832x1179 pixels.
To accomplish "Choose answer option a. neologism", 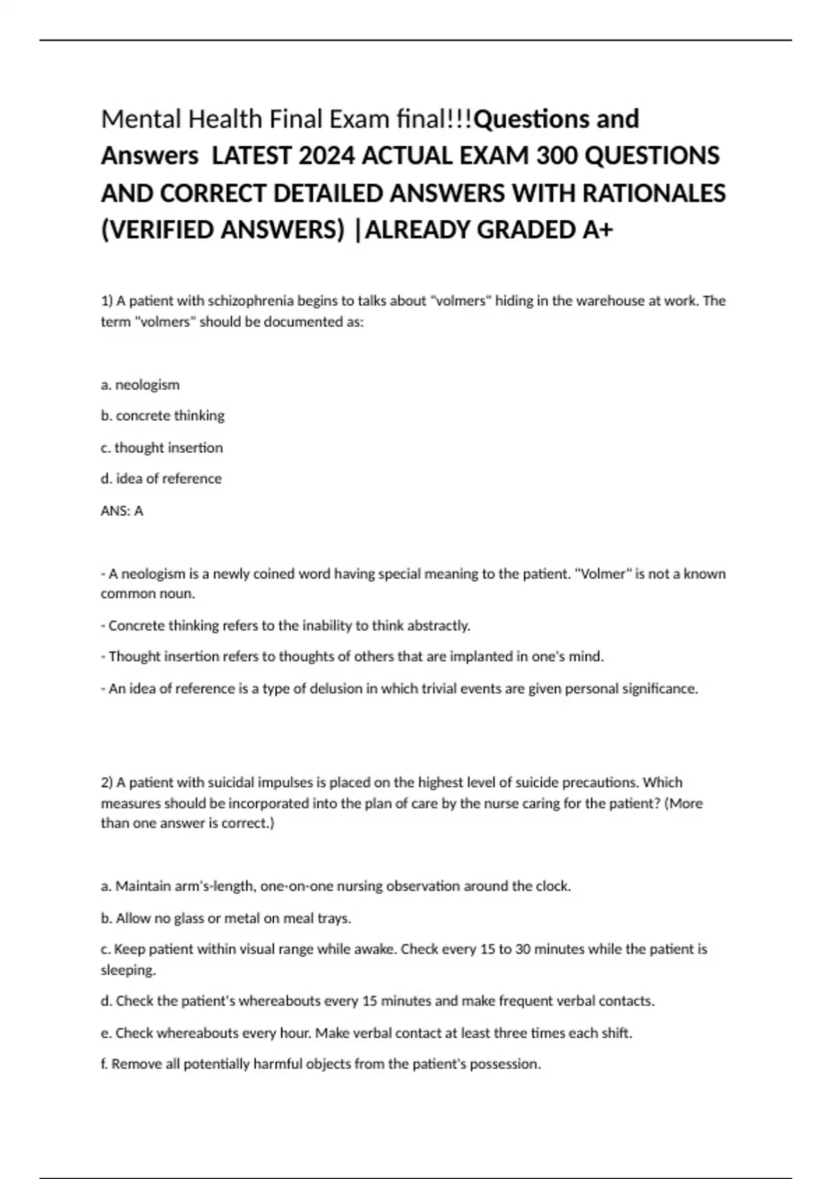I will (140, 385).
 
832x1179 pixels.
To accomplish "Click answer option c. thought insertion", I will (162, 448).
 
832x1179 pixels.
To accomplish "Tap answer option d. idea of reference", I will (161, 479).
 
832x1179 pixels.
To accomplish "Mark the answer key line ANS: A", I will (122, 511).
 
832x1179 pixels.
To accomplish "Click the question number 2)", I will (107, 783).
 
